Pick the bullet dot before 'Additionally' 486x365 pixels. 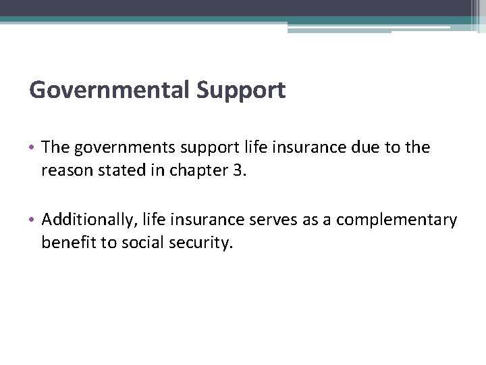coord(34,220)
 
